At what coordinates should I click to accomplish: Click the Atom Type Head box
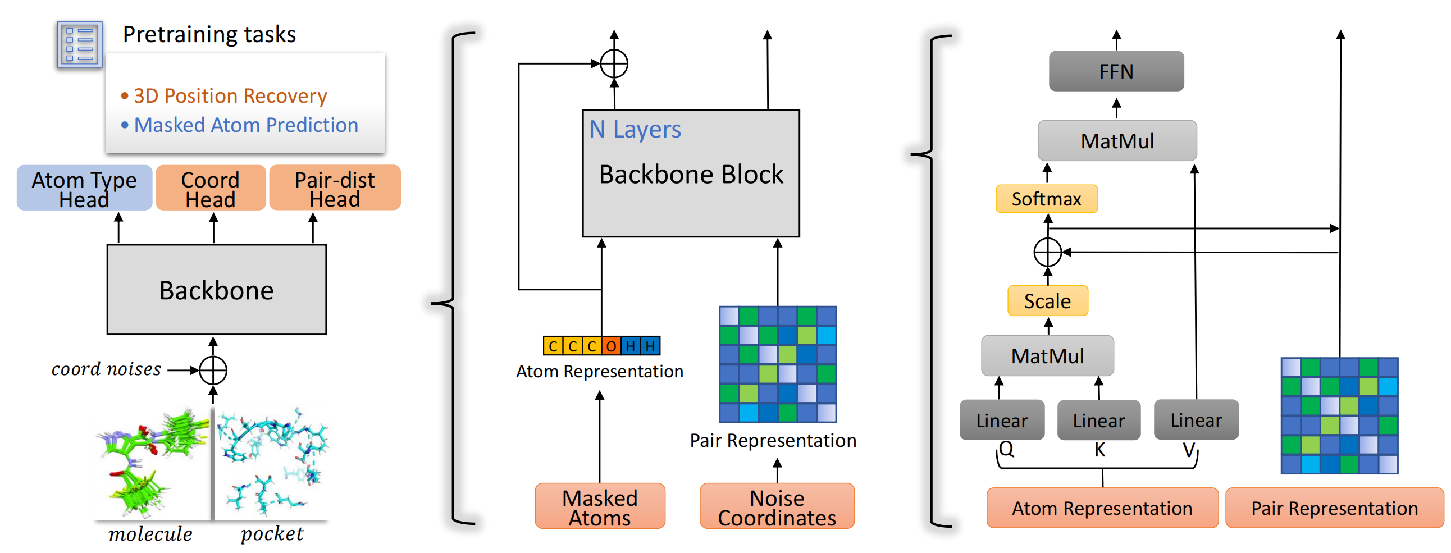pos(84,188)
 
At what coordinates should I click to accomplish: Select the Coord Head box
pos(211,188)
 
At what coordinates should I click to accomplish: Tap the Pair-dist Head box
pos(335,188)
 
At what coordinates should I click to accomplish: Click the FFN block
pos(1116,71)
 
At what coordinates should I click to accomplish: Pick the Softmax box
pos(1046,199)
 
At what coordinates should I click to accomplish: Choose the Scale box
pos(1047,301)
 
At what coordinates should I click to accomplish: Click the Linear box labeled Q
pos(1002,420)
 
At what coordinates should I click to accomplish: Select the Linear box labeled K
pos(1098,420)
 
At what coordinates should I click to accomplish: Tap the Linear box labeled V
pos(1196,419)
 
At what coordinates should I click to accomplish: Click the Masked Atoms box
pos(600,506)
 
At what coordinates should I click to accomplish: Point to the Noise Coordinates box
pos(777,506)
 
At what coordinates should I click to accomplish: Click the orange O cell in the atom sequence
pos(611,346)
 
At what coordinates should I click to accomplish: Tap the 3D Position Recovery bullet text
pos(230,96)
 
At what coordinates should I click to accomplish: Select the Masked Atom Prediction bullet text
pos(245,125)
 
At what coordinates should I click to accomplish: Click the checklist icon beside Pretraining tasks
pos(79,44)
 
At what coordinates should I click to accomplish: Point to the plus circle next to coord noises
pos(213,371)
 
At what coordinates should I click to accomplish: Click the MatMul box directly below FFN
pos(1117,141)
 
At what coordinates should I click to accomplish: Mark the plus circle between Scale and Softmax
pos(1048,252)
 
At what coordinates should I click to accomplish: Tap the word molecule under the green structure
pos(150,534)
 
